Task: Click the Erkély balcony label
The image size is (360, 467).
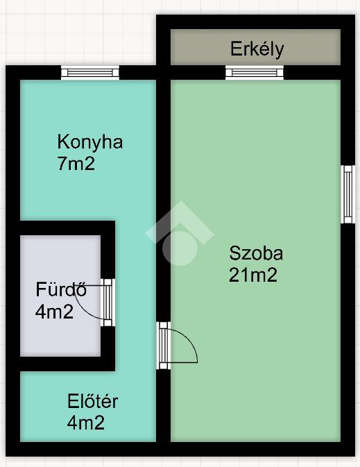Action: (x=257, y=49)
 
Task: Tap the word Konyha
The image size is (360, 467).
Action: (x=90, y=142)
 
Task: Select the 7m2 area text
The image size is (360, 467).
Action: (x=76, y=164)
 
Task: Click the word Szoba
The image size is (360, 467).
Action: (x=256, y=253)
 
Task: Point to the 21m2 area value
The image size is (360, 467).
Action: (x=253, y=275)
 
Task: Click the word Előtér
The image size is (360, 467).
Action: (x=93, y=401)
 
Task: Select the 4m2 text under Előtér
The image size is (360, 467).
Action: (x=86, y=423)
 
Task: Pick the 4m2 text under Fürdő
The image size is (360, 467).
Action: (x=54, y=312)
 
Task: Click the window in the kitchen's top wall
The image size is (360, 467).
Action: (x=90, y=73)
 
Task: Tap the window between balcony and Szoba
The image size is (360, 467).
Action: (x=255, y=73)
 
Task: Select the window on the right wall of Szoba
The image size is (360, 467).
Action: (x=348, y=194)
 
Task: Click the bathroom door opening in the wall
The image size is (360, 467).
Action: (x=108, y=303)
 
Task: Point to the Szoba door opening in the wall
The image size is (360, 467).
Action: (x=164, y=346)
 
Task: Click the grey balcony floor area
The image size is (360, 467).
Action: (x=255, y=47)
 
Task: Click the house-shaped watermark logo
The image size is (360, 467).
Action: (x=180, y=233)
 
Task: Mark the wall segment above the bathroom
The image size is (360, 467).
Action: (x=67, y=228)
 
